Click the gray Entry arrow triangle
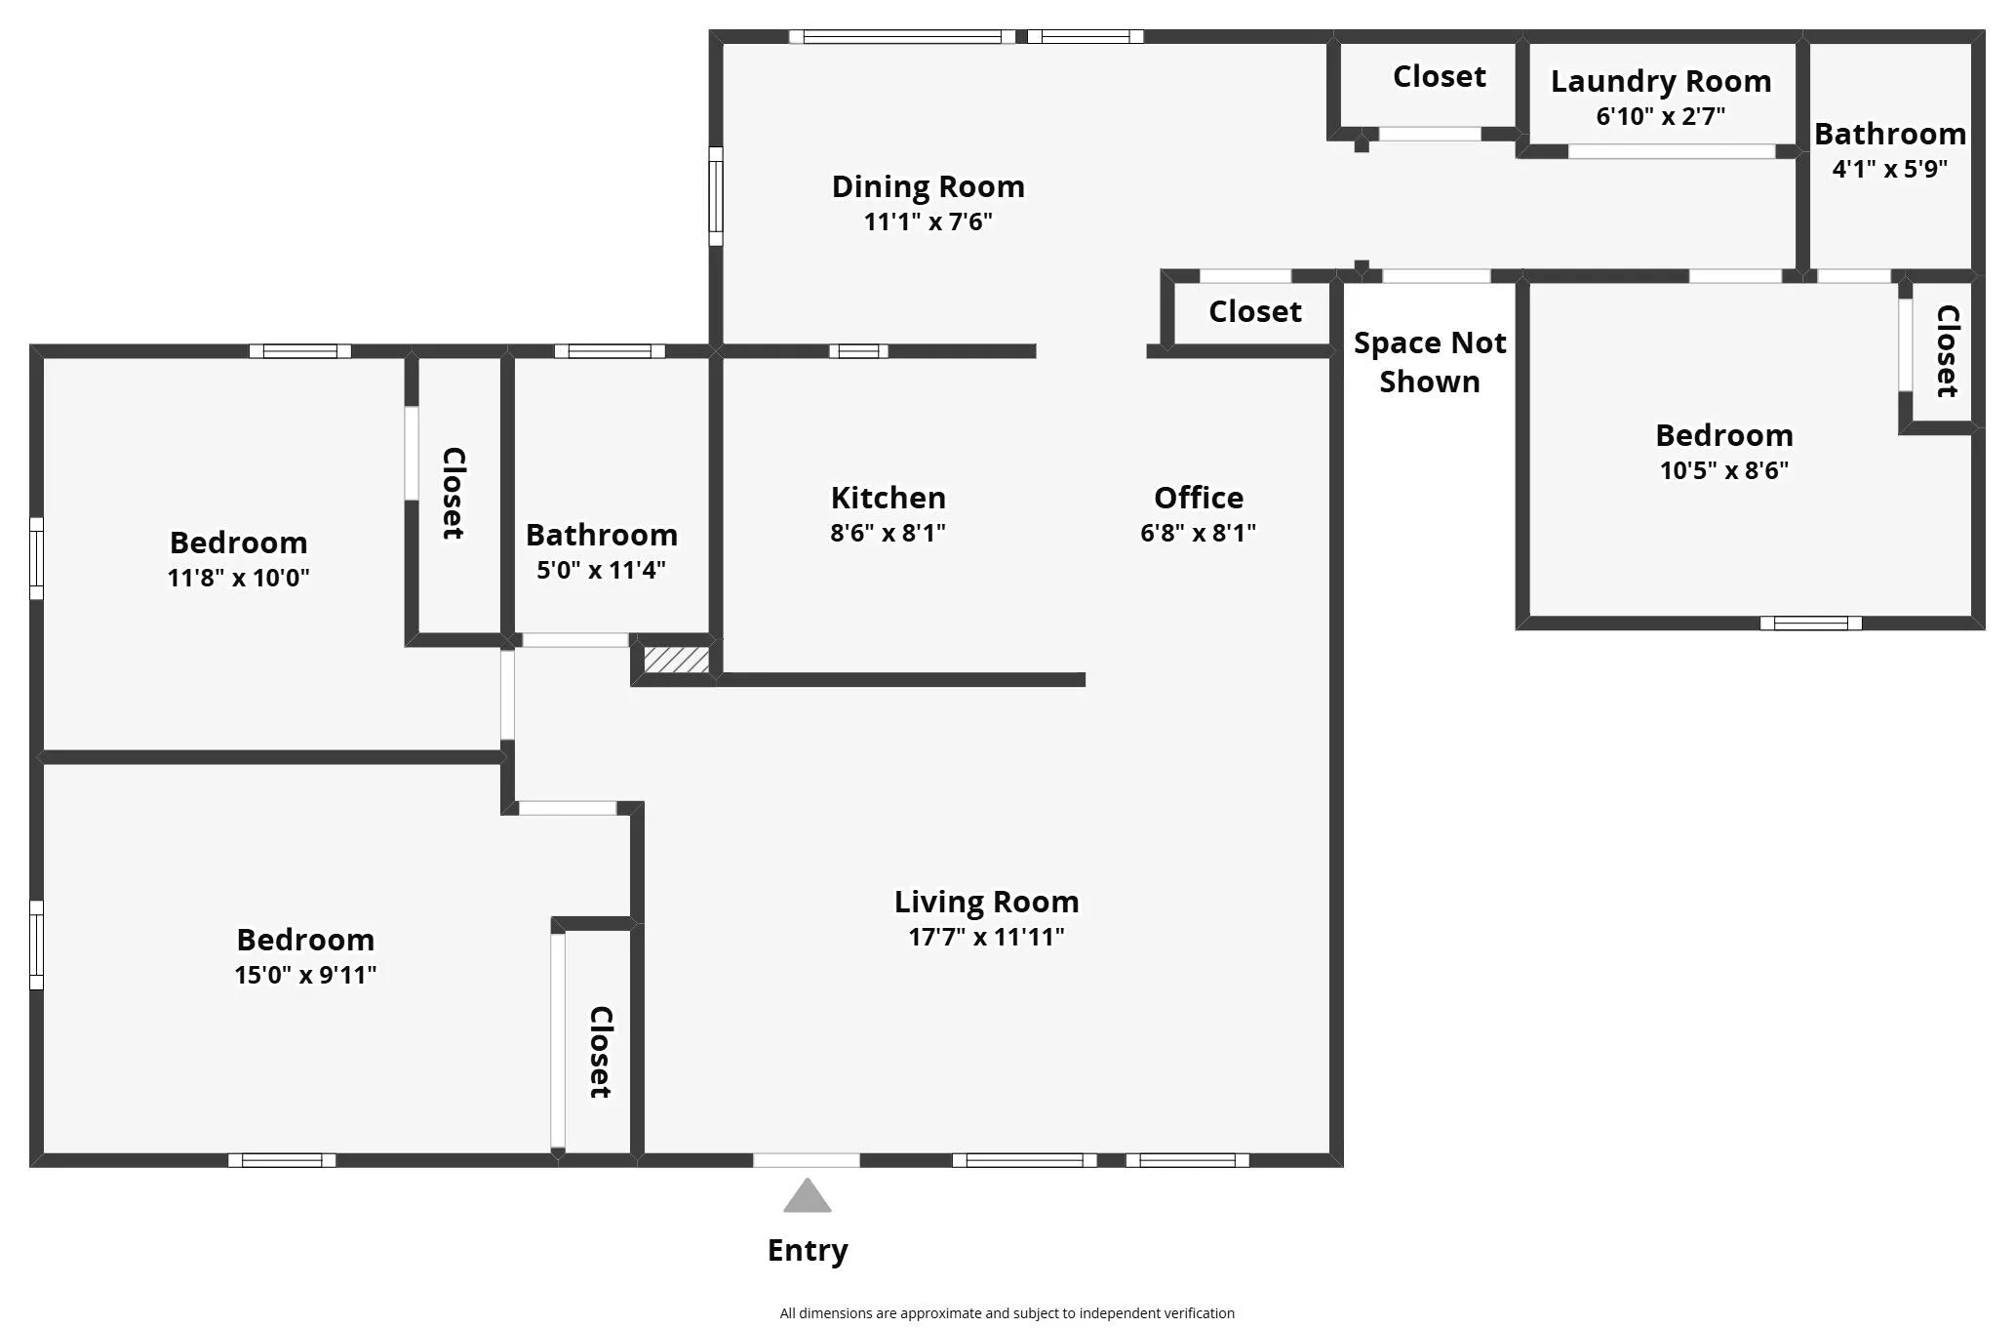[x=808, y=1196]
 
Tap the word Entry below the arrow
[x=808, y=1251]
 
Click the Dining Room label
[x=928, y=186]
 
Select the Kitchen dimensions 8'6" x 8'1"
[x=888, y=533]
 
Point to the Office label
[x=1199, y=498]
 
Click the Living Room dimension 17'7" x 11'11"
[x=986, y=937]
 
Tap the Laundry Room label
[x=1661, y=82]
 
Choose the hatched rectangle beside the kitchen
[x=676, y=660]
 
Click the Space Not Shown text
[x=1430, y=362]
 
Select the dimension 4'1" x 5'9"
[x=1890, y=169]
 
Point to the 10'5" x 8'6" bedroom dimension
[x=1724, y=470]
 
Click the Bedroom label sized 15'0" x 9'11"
[x=305, y=940]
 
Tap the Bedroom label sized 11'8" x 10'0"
[x=238, y=543]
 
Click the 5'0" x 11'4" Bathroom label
[x=602, y=535]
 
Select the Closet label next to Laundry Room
[x=1440, y=76]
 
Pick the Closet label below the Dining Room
[x=1255, y=311]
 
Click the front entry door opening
[x=807, y=1160]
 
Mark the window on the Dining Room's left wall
[x=716, y=196]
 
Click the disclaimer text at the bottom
[x=1007, y=1313]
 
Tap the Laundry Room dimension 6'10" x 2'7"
[x=1661, y=116]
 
